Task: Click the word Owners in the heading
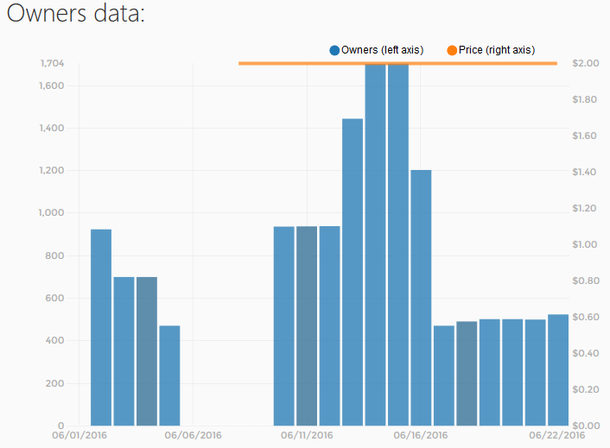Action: point(47,13)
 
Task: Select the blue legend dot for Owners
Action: point(334,51)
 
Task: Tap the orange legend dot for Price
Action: point(452,51)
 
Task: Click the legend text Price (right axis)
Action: point(497,50)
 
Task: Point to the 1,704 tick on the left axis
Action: point(52,63)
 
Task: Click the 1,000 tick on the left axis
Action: point(51,212)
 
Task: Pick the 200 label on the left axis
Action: point(54,383)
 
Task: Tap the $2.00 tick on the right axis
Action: point(586,63)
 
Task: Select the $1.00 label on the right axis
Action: point(584,244)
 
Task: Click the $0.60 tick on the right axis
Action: point(586,317)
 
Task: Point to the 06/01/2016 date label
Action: point(79,435)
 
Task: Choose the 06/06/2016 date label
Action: point(193,435)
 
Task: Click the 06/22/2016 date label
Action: point(557,435)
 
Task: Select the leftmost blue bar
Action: point(101,327)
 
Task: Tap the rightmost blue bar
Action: point(558,370)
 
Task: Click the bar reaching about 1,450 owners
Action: point(353,272)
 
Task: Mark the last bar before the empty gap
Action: point(169,375)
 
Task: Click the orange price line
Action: point(397,63)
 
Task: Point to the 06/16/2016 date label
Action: point(421,435)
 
